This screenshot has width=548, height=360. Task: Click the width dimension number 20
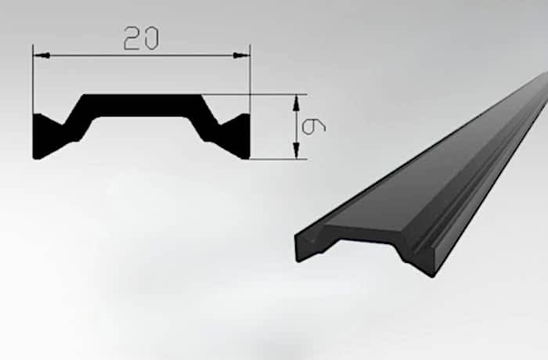141,38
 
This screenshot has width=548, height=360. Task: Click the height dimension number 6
313,127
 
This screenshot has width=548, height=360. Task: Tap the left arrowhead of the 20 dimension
41,56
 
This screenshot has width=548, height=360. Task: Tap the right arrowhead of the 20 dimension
241,56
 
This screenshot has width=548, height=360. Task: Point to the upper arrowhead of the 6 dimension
297,103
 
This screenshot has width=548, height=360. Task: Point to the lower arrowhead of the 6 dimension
297,150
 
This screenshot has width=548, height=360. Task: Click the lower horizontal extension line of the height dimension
279,159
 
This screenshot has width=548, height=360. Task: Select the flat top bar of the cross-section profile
142,105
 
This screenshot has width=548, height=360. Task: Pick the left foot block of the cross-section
46,137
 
